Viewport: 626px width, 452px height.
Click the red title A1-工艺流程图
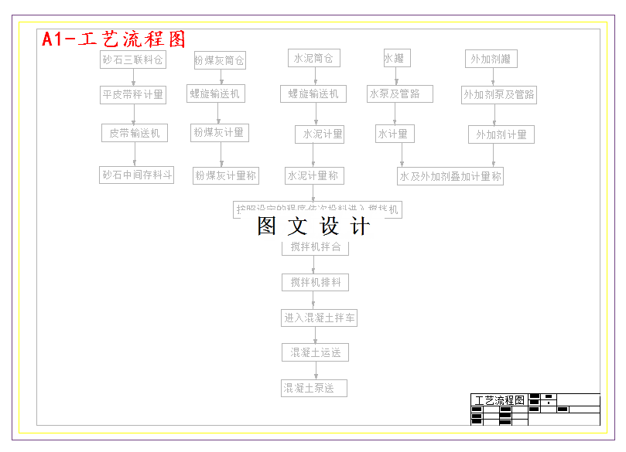point(114,39)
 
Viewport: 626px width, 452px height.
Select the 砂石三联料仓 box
point(133,59)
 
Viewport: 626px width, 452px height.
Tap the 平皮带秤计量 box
point(133,94)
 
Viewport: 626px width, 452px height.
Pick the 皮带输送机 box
point(134,133)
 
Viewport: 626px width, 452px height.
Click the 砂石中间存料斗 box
point(137,175)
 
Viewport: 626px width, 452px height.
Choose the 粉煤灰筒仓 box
point(220,60)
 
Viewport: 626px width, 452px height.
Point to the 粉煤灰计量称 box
point(225,175)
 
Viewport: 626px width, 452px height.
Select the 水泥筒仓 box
point(313,58)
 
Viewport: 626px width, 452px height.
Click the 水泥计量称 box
point(313,175)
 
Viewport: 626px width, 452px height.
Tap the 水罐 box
point(395,58)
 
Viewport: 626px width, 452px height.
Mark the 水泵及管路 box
point(399,93)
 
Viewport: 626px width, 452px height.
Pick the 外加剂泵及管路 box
point(499,94)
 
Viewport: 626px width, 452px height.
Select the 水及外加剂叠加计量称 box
point(450,176)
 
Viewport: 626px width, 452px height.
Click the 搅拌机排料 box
point(315,282)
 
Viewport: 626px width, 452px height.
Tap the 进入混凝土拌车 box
point(320,318)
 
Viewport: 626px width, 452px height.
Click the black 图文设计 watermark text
point(314,226)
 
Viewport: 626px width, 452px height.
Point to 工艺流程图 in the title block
point(499,400)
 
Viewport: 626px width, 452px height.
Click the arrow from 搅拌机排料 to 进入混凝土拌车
point(315,300)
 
